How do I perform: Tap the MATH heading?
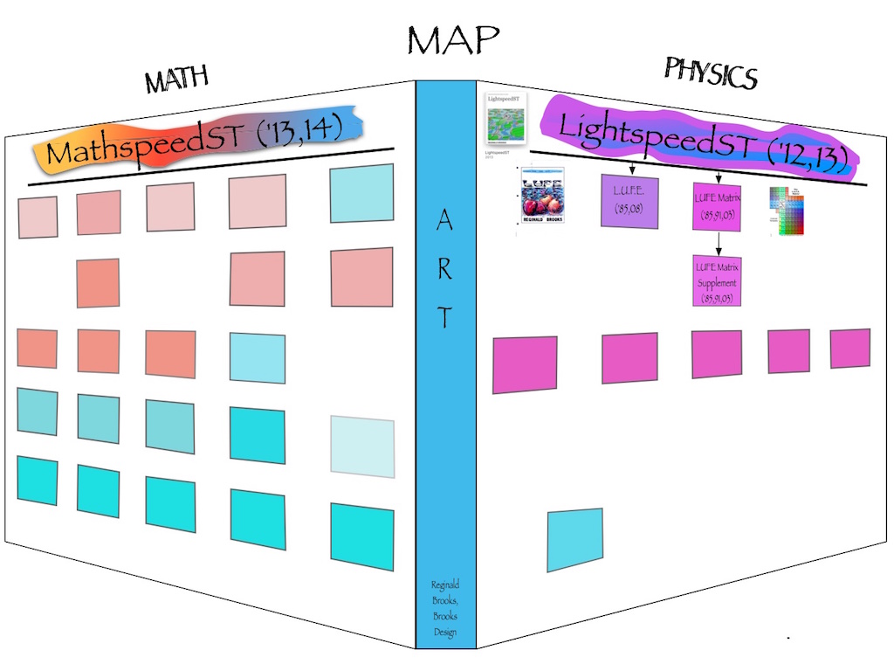(177, 80)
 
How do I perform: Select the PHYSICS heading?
(710, 73)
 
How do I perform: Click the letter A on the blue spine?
(445, 223)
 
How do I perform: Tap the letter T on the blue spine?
(445, 317)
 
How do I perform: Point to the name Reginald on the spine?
(445, 585)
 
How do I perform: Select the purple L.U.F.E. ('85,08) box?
(629, 201)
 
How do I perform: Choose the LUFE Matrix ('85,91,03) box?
(717, 206)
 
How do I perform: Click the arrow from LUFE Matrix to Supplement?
(717, 243)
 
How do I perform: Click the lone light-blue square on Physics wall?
(574, 539)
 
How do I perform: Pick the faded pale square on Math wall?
(361, 446)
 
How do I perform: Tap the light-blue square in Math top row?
(361, 192)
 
